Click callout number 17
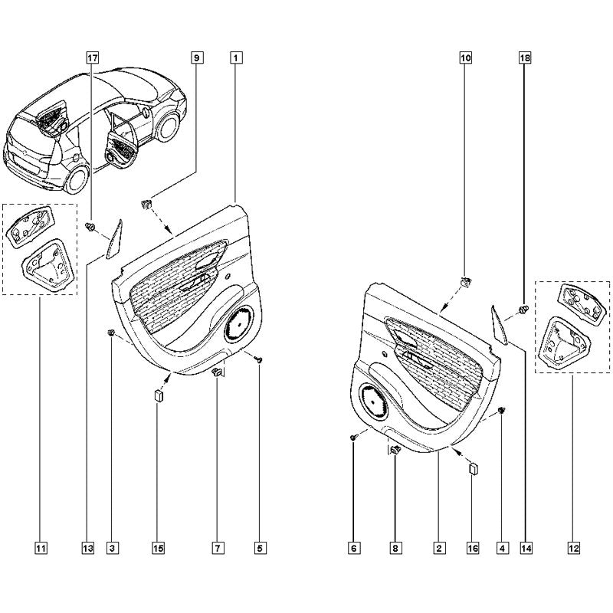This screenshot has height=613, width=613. pyautogui.click(x=92, y=58)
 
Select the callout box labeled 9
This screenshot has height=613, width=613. pyautogui.click(x=197, y=58)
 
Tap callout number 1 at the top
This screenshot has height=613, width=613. pyautogui.click(x=236, y=58)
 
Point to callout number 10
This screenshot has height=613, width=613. pyautogui.click(x=466, y=58)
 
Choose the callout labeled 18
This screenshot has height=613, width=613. pyautogui.click(x=525, y=58)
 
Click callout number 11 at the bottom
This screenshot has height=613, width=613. pyautogui.click(x=41, y=548)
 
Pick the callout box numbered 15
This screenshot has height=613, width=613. pyautogui.click(x=159, y=548)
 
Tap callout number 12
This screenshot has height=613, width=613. pyautogui.click(x=573, y=548)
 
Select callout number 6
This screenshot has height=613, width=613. pyautogui.click(x=353, y=548)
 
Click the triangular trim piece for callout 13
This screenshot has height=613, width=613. pyautogui.click(x=114, y=240)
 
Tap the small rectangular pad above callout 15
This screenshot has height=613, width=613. pyautogui.click(x=159, y=395)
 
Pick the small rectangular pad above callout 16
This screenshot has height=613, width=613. pyautogui.click(x=474, y=468)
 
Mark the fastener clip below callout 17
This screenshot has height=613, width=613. pyautogui.click(x=91, y=226)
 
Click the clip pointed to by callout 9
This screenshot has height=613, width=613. pyautogui.click(x=146, y=203)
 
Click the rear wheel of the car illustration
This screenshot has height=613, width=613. pyautogui.click(x=77, y=179)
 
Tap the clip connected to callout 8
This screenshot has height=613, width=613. pyautogui.click(x=396, y=450)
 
